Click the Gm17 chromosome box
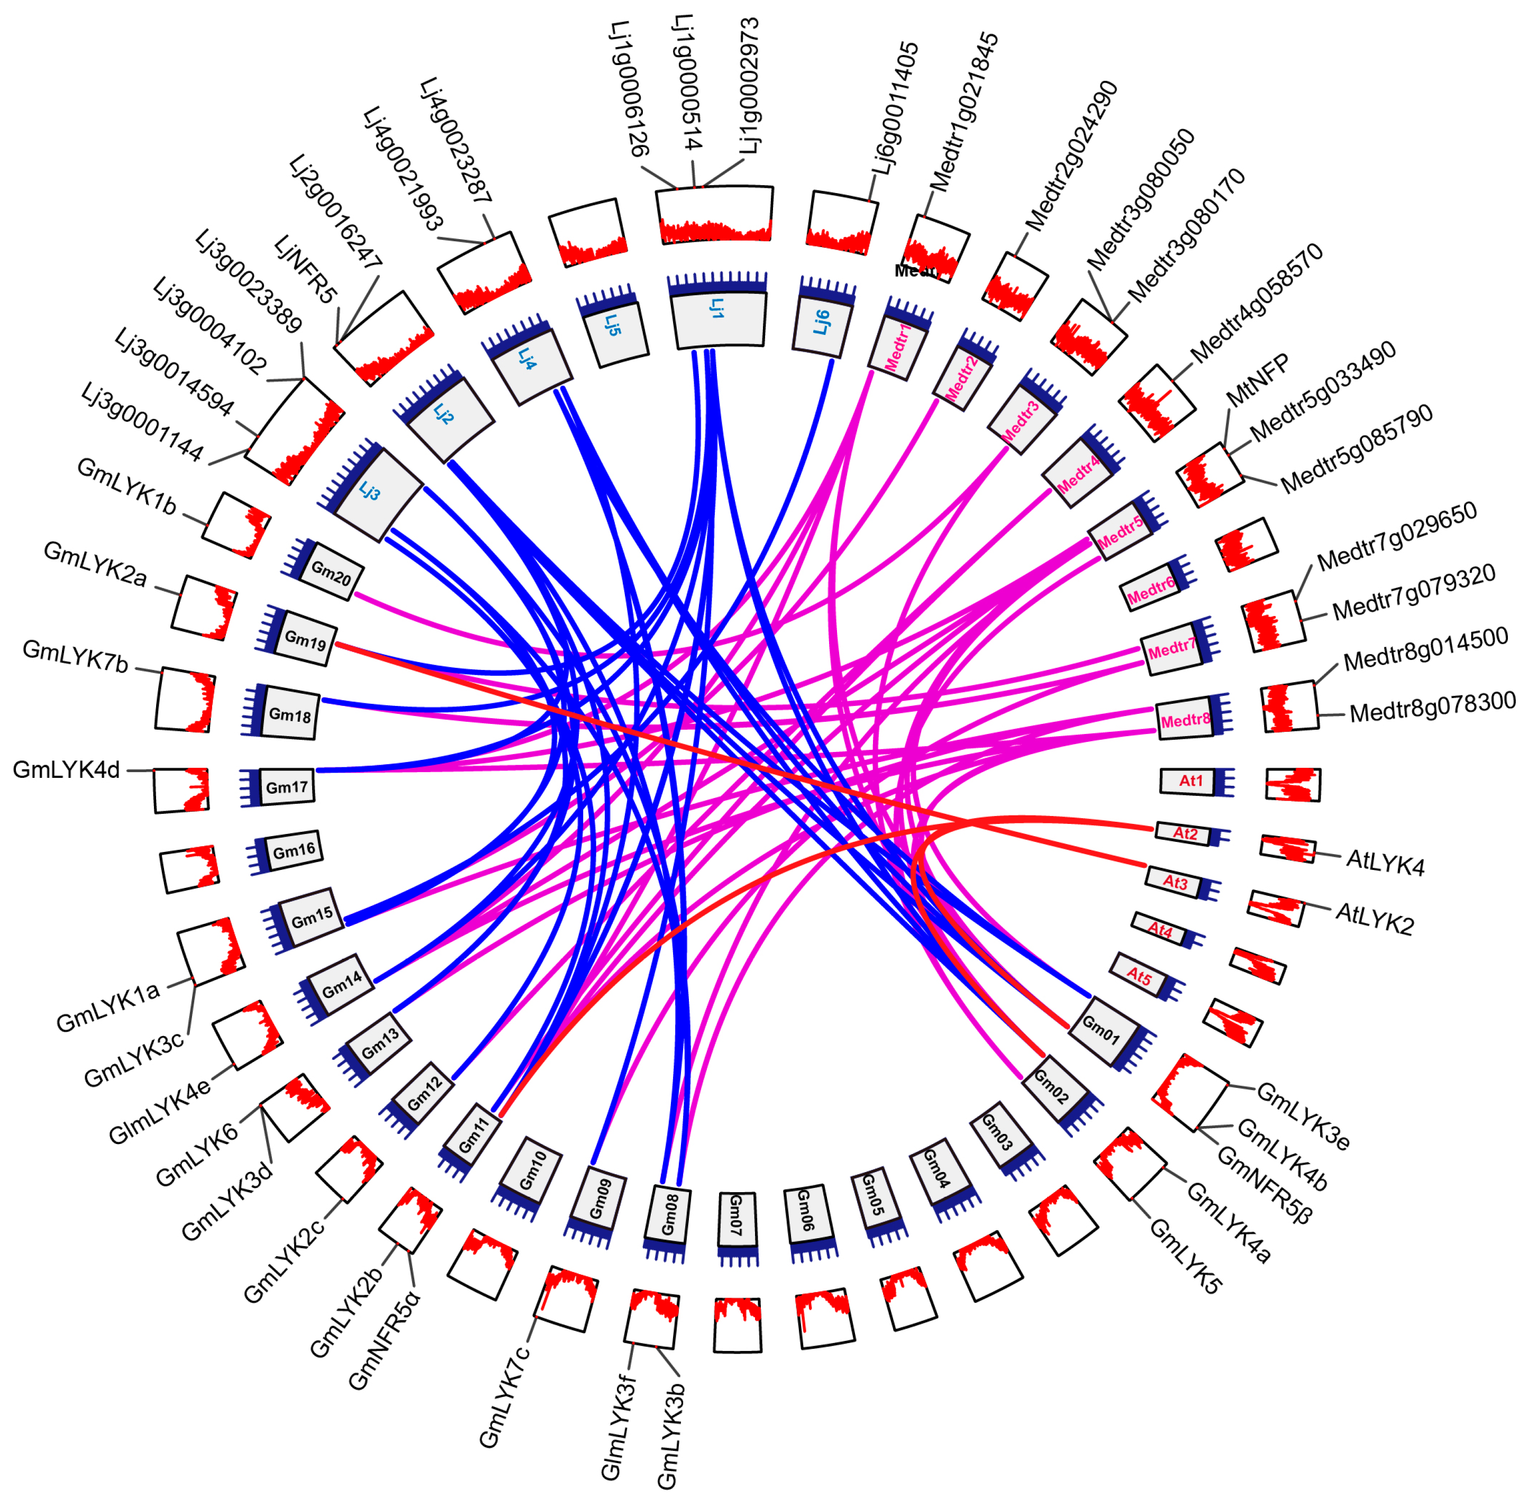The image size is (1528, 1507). click(286, 787)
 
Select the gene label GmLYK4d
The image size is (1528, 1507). click(67, 770)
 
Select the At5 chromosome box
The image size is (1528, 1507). click(1139, 975)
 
